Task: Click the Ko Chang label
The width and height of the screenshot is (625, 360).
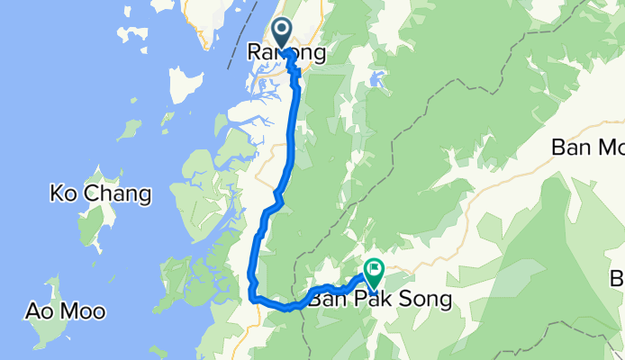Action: click(x=100, y=193)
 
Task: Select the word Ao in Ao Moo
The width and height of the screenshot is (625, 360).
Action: click(x=39, y=312)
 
